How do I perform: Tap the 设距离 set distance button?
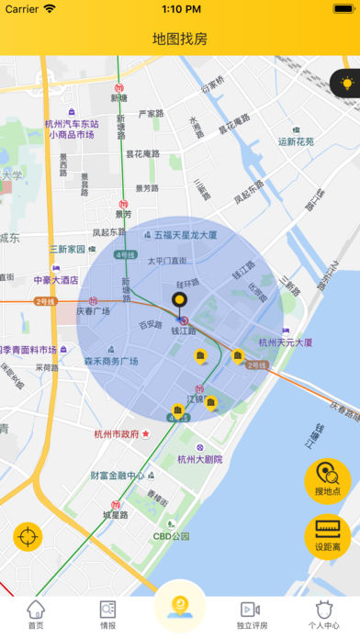[328, 537]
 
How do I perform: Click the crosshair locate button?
[28, 537]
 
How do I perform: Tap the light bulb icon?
[347, 83]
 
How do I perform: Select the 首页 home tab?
[36, 614]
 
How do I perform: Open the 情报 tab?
[107, 614]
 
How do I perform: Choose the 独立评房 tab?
[251, 614]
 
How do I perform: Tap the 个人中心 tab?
[322, 614]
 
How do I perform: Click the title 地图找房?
[180, 39]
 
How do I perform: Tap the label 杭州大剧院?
[199, 459]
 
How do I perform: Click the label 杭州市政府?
[117, 434]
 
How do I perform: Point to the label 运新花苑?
[296, 141]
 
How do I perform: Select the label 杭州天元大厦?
[285, 342]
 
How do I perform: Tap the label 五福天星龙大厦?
[186, 235]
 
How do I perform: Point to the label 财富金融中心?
[117, 476]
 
